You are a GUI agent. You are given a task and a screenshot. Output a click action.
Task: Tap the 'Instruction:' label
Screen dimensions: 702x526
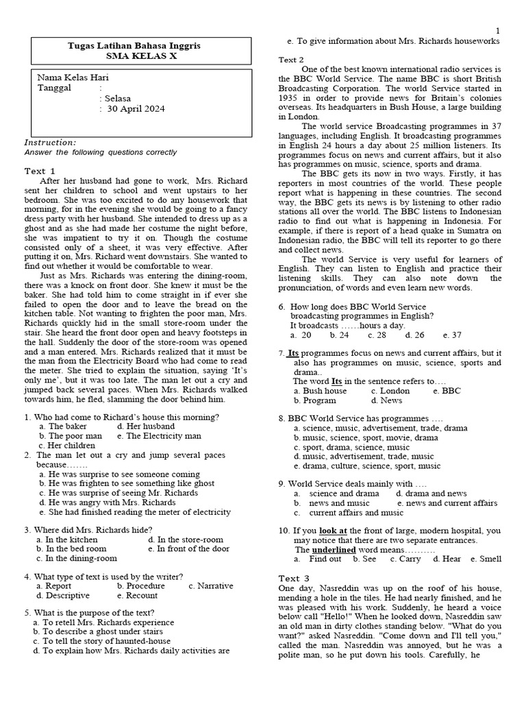click(x=51, y=143)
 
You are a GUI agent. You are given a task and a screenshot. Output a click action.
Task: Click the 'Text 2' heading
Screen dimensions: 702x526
click(x=292, y=60)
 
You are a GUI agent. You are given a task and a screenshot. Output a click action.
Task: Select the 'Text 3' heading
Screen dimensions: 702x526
click(x=295, y=578)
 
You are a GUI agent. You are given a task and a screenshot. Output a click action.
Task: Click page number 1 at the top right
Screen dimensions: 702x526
click(x=498, y=31)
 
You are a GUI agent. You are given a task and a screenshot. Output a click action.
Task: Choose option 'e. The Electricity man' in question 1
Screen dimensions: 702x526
click(x=159, y=435)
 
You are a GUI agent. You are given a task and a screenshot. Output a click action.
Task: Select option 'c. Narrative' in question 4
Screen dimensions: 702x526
click(x=211, y=586)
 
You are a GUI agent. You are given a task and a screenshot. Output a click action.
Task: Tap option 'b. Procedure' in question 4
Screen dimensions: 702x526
click(x=141, y=586)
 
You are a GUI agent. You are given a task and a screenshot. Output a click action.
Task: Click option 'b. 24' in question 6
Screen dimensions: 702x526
click(x=340, y=335)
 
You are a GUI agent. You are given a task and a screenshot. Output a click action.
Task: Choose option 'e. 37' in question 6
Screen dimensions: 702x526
click(x=452, y=335)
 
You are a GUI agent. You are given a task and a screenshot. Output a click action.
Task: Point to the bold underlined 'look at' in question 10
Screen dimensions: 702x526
click(x=333, y=531)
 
